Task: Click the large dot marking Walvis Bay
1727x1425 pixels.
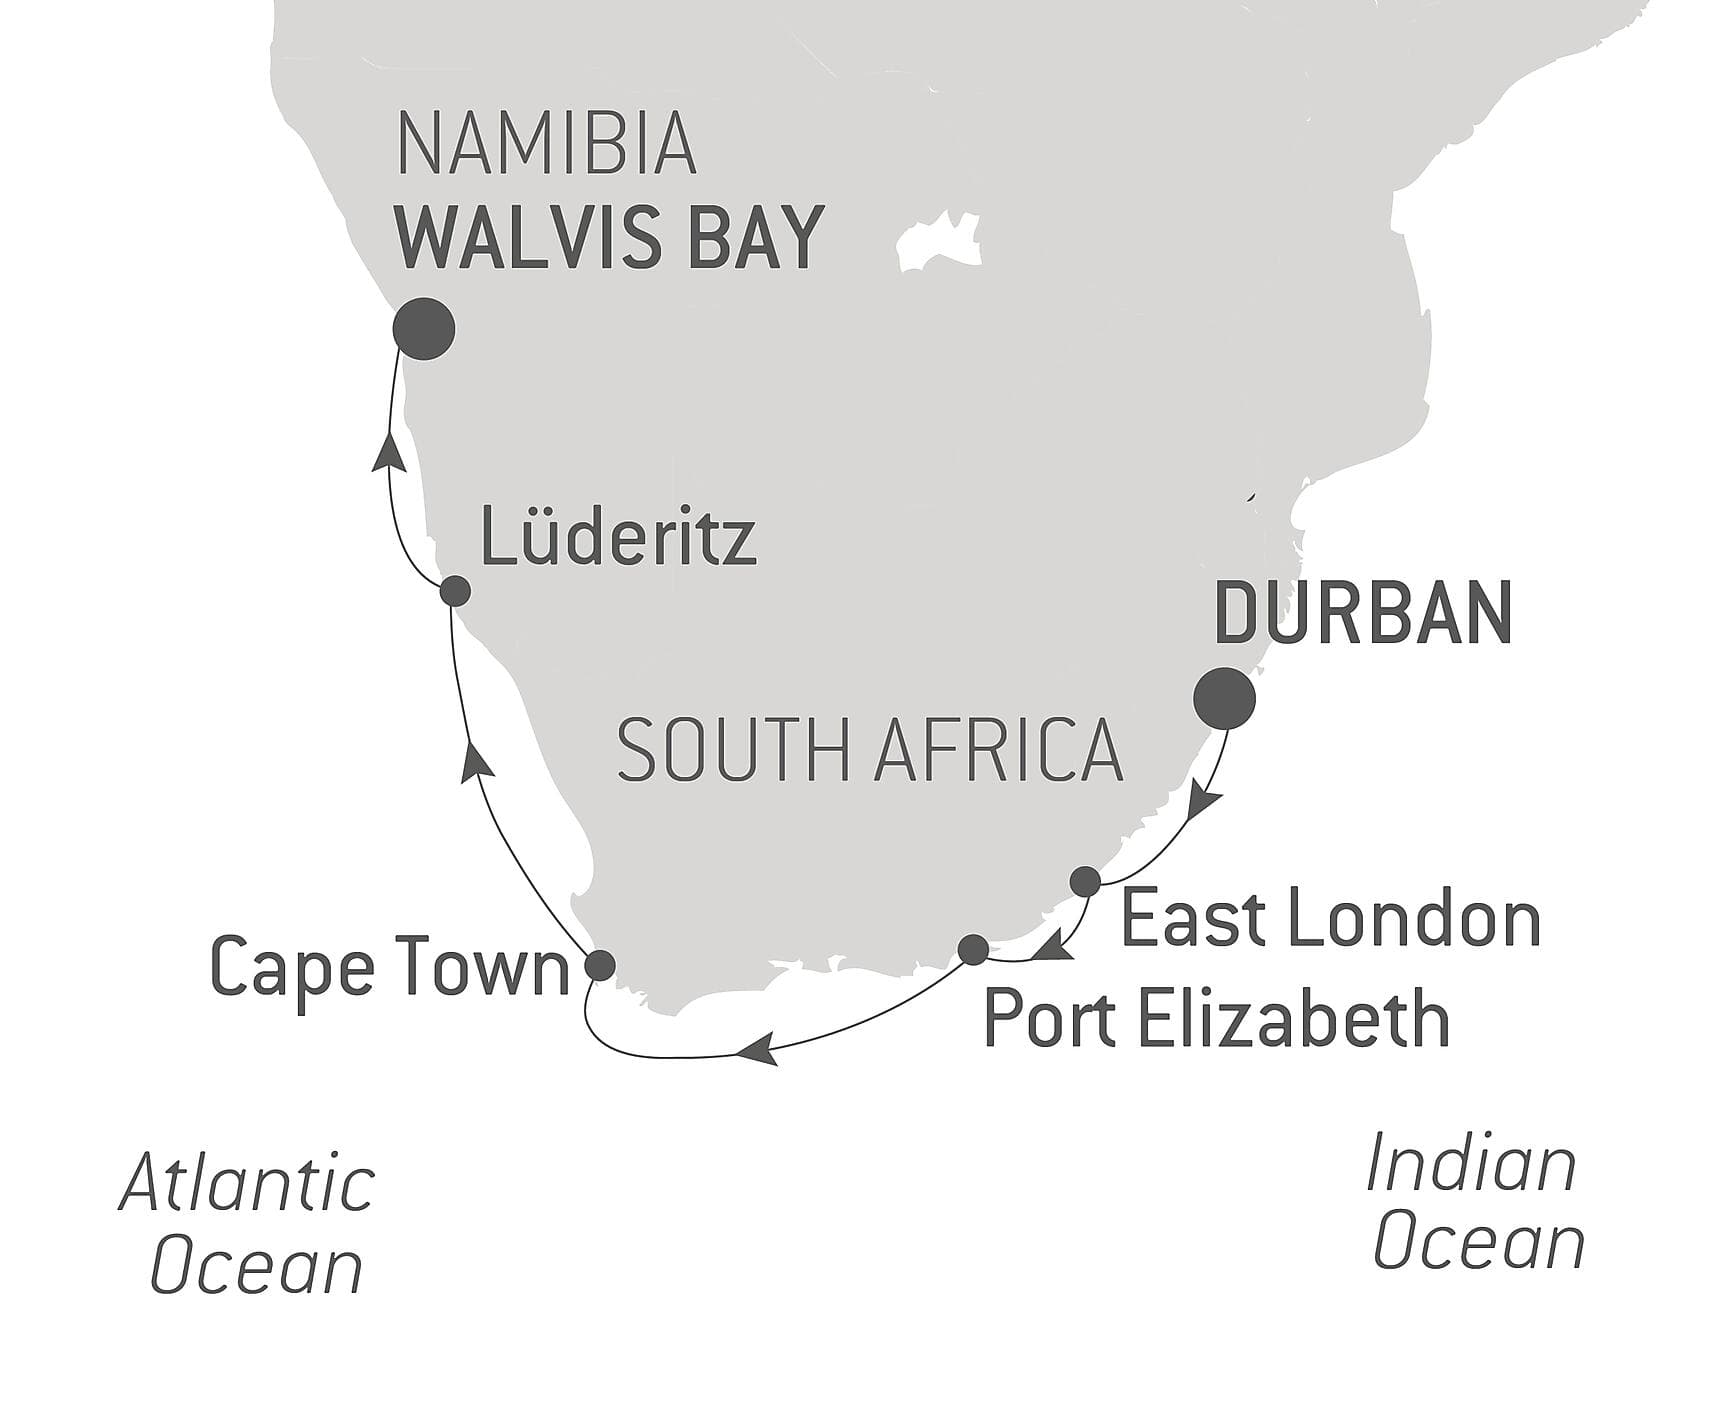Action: tap(424, 329)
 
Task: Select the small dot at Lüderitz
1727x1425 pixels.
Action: tap(455, 591)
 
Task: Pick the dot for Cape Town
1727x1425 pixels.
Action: tap(599, 965)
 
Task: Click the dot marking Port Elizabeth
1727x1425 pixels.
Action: tap(973, 948)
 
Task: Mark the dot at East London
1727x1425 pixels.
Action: tap(1085, 882)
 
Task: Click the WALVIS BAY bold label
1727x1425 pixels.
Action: tap(609, 238)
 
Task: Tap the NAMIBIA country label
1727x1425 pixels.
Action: tap(546, 146)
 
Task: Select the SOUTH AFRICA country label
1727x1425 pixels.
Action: tap(869, 750)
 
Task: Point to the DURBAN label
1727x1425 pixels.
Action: tap(1362, 613)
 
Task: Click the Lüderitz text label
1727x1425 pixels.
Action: tap(618, 537)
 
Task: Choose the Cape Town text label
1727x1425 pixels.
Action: tap(389, 968)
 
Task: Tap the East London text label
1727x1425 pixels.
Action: tap(1330, 920)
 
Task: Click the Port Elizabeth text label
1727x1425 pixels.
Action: tap(1216, 1019)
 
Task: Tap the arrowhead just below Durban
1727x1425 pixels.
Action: tap(1204, 804)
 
